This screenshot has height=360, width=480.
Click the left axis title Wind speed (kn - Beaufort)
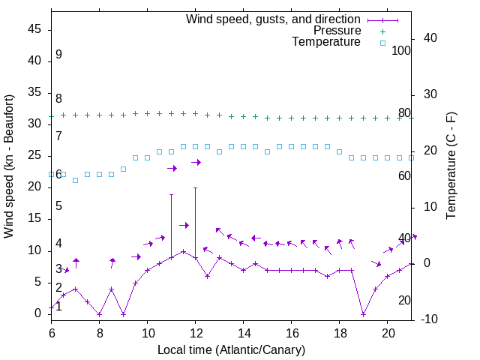[9, 166]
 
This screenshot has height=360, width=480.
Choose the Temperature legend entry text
[326, 42]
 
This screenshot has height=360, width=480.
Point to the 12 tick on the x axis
[195, 331]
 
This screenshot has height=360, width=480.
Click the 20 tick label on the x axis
[387, 331]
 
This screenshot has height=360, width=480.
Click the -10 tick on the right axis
[430, 319]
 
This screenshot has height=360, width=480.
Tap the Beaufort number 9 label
[58, 55]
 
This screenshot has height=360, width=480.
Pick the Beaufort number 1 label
[58, 306]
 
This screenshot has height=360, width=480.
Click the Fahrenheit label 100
[402, 51]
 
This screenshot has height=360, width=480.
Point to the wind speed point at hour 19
[363, 314]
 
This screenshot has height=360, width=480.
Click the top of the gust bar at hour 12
[195, 187]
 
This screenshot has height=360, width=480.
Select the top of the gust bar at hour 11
[171, 194]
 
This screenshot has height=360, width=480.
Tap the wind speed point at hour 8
[99, 314]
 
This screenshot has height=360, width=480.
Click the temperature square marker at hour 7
[75, 180]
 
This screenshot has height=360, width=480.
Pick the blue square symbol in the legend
[382, 43]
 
